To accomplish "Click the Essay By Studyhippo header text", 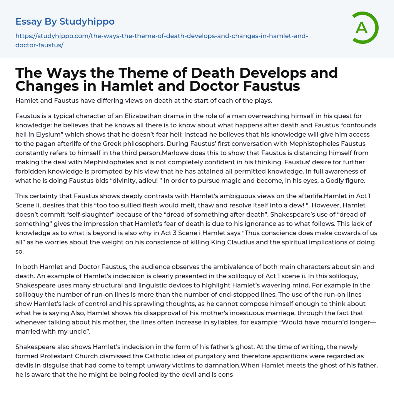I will (x=65, y=22).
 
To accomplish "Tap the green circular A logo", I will (x=362, y=27).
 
